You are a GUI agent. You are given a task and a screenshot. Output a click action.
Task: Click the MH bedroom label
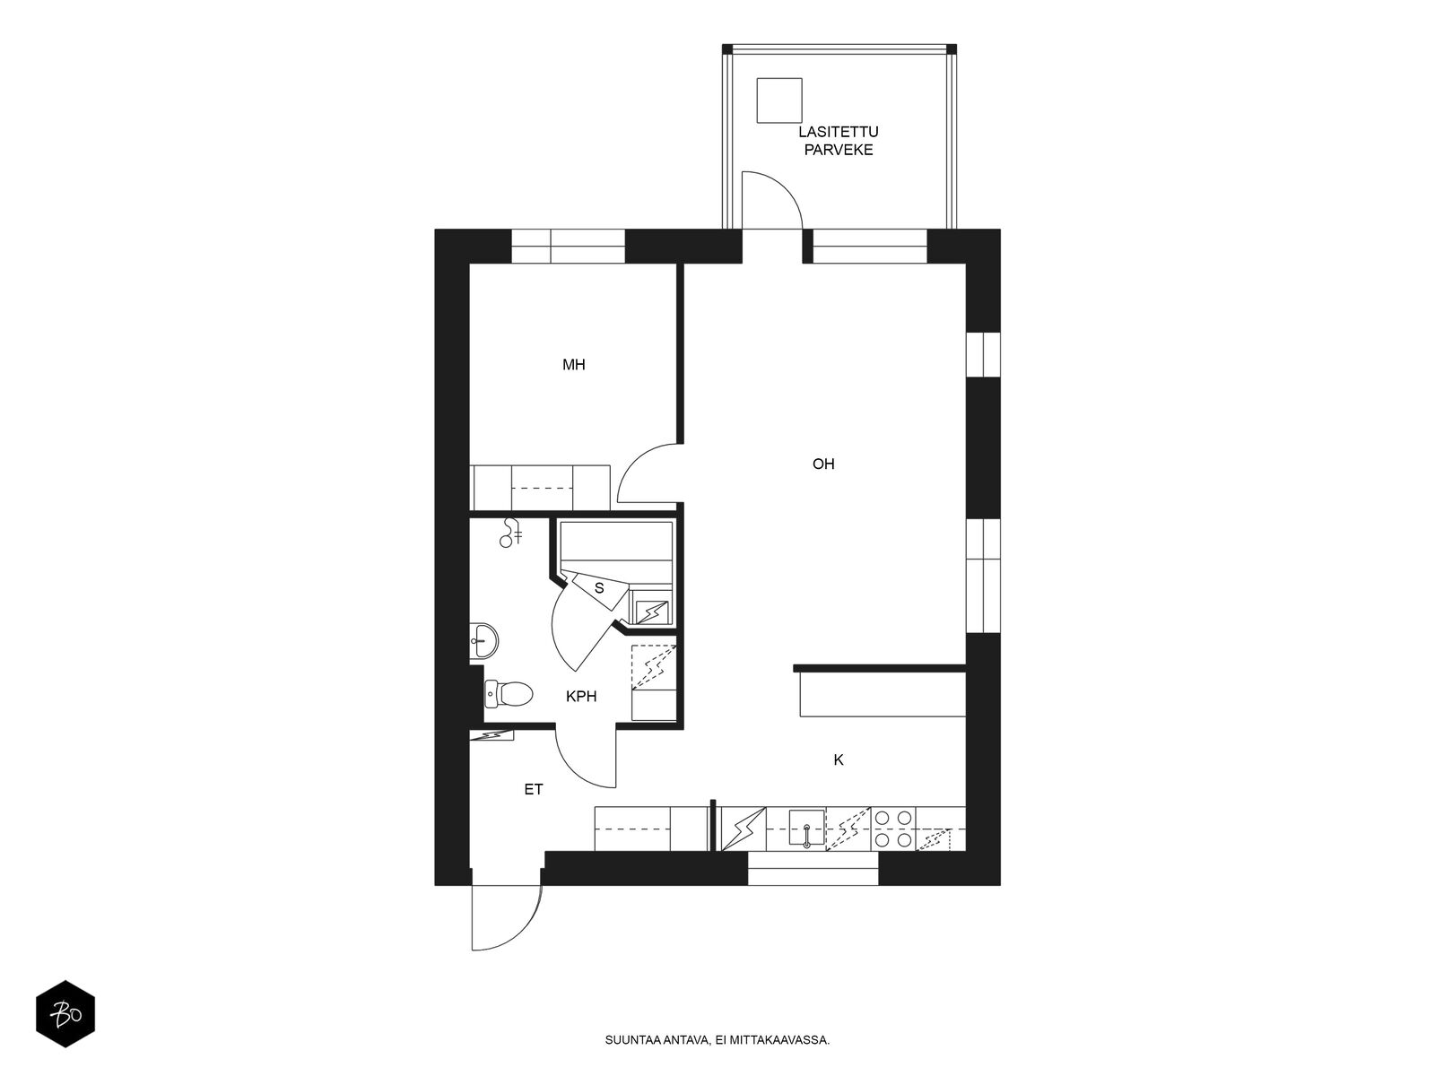[x=574, y=365]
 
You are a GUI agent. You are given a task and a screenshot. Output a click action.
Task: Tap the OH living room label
[x=823, y=464]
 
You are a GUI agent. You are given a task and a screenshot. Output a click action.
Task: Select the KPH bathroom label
[x=581, y=696]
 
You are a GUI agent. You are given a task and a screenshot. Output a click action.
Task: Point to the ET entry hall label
[x=534, y=790]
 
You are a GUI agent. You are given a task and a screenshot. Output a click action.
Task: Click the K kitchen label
[x=839, y=760]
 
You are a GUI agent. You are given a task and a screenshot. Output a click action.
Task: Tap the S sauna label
[x=599, y=588]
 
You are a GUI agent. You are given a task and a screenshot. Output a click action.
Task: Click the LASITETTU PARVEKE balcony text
[x=838, y=141]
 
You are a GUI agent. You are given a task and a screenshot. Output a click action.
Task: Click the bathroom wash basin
[x=483, y=639]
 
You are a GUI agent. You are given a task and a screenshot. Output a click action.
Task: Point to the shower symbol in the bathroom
[x=511, y=534]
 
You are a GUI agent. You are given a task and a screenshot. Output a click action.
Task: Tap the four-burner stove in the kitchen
[x=893, y=829]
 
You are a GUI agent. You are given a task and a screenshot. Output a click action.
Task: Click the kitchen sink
[x=806, y=829]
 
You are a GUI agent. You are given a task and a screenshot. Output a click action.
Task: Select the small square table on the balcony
[x=778, y=100]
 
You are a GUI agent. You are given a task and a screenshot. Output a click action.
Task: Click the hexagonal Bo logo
[x=65, y=1015]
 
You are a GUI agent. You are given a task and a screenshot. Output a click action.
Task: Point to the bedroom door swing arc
[x=648, y=472]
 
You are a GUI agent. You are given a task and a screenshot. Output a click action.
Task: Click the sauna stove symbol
[x=652, y=612]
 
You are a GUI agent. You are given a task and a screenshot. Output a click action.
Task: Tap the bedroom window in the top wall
[x=568, y=246]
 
